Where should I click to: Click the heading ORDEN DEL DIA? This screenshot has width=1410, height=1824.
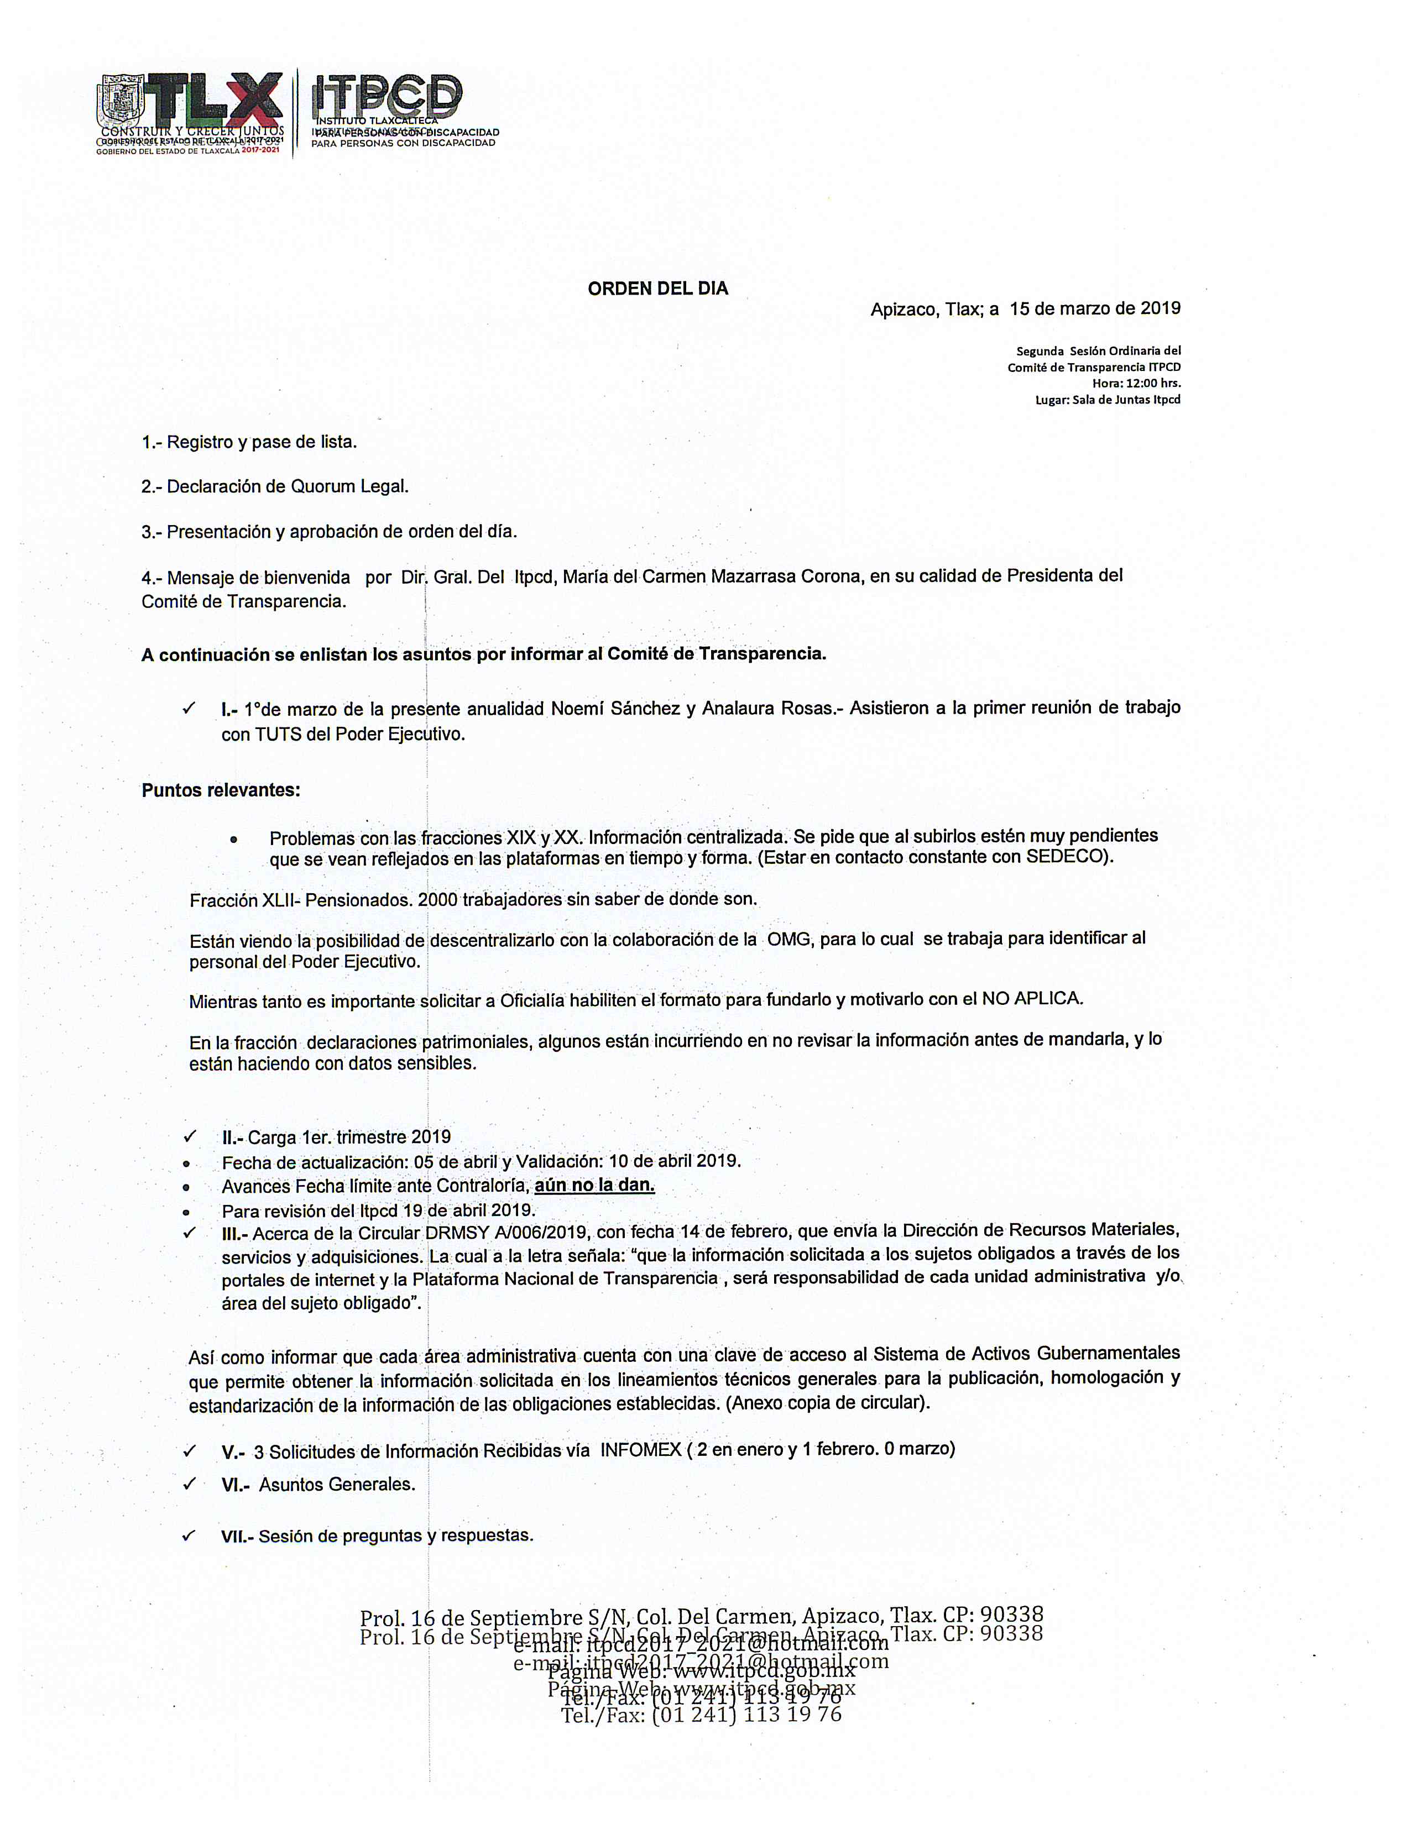coord(657,289)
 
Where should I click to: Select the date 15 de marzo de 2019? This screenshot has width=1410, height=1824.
coord(1094,308)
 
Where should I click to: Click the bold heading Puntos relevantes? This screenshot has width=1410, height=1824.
coord(221,790)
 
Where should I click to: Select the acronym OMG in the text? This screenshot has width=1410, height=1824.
coord(788,939)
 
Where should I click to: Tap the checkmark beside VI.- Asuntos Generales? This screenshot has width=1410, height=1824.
coord(190,1484)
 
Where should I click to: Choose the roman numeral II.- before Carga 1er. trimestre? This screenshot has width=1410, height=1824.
coord(234,1138)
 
